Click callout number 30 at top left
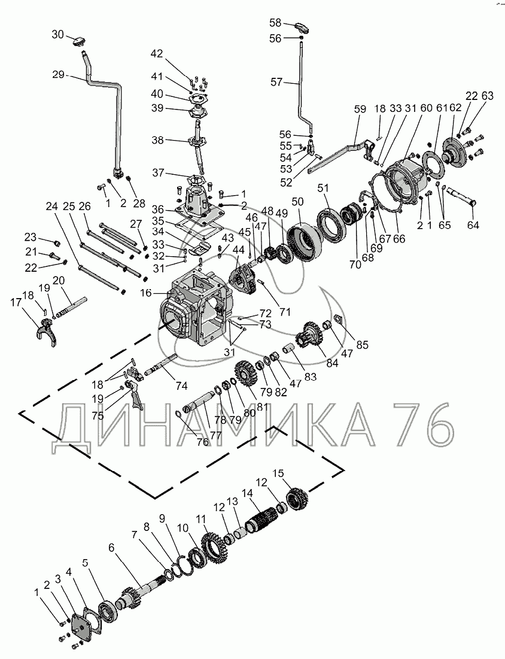(57, 35)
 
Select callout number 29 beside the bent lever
(58, 75)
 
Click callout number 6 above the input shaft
(111, 547)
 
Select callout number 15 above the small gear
(278, 473)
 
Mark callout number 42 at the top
(156, 54)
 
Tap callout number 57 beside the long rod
(276, 83)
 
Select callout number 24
(51, 207)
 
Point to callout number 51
(324, 187)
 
